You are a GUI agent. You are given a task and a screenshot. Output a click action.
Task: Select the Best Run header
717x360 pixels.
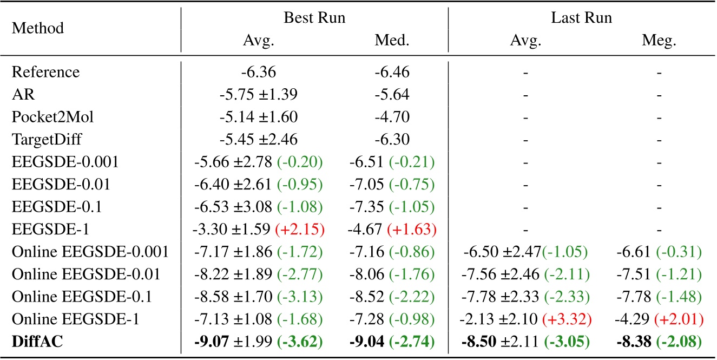click(x=314, y=18)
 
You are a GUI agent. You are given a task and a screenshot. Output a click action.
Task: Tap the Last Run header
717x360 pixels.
click(x=581, y=18)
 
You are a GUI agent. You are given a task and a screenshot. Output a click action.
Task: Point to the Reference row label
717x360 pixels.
click(x=45, y=72)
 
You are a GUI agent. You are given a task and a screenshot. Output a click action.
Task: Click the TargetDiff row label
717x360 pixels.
click(x=47, y=139)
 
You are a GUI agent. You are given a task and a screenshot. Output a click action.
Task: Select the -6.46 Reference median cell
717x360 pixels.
click(x=393, y=72)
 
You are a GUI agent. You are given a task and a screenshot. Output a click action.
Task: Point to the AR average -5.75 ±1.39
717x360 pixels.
click(x=258, y=94)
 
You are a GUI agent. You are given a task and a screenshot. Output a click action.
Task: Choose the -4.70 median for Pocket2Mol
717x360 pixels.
click(x=393, y=116)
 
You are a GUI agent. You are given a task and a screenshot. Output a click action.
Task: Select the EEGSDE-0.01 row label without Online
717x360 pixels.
click(x=61, y=184)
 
